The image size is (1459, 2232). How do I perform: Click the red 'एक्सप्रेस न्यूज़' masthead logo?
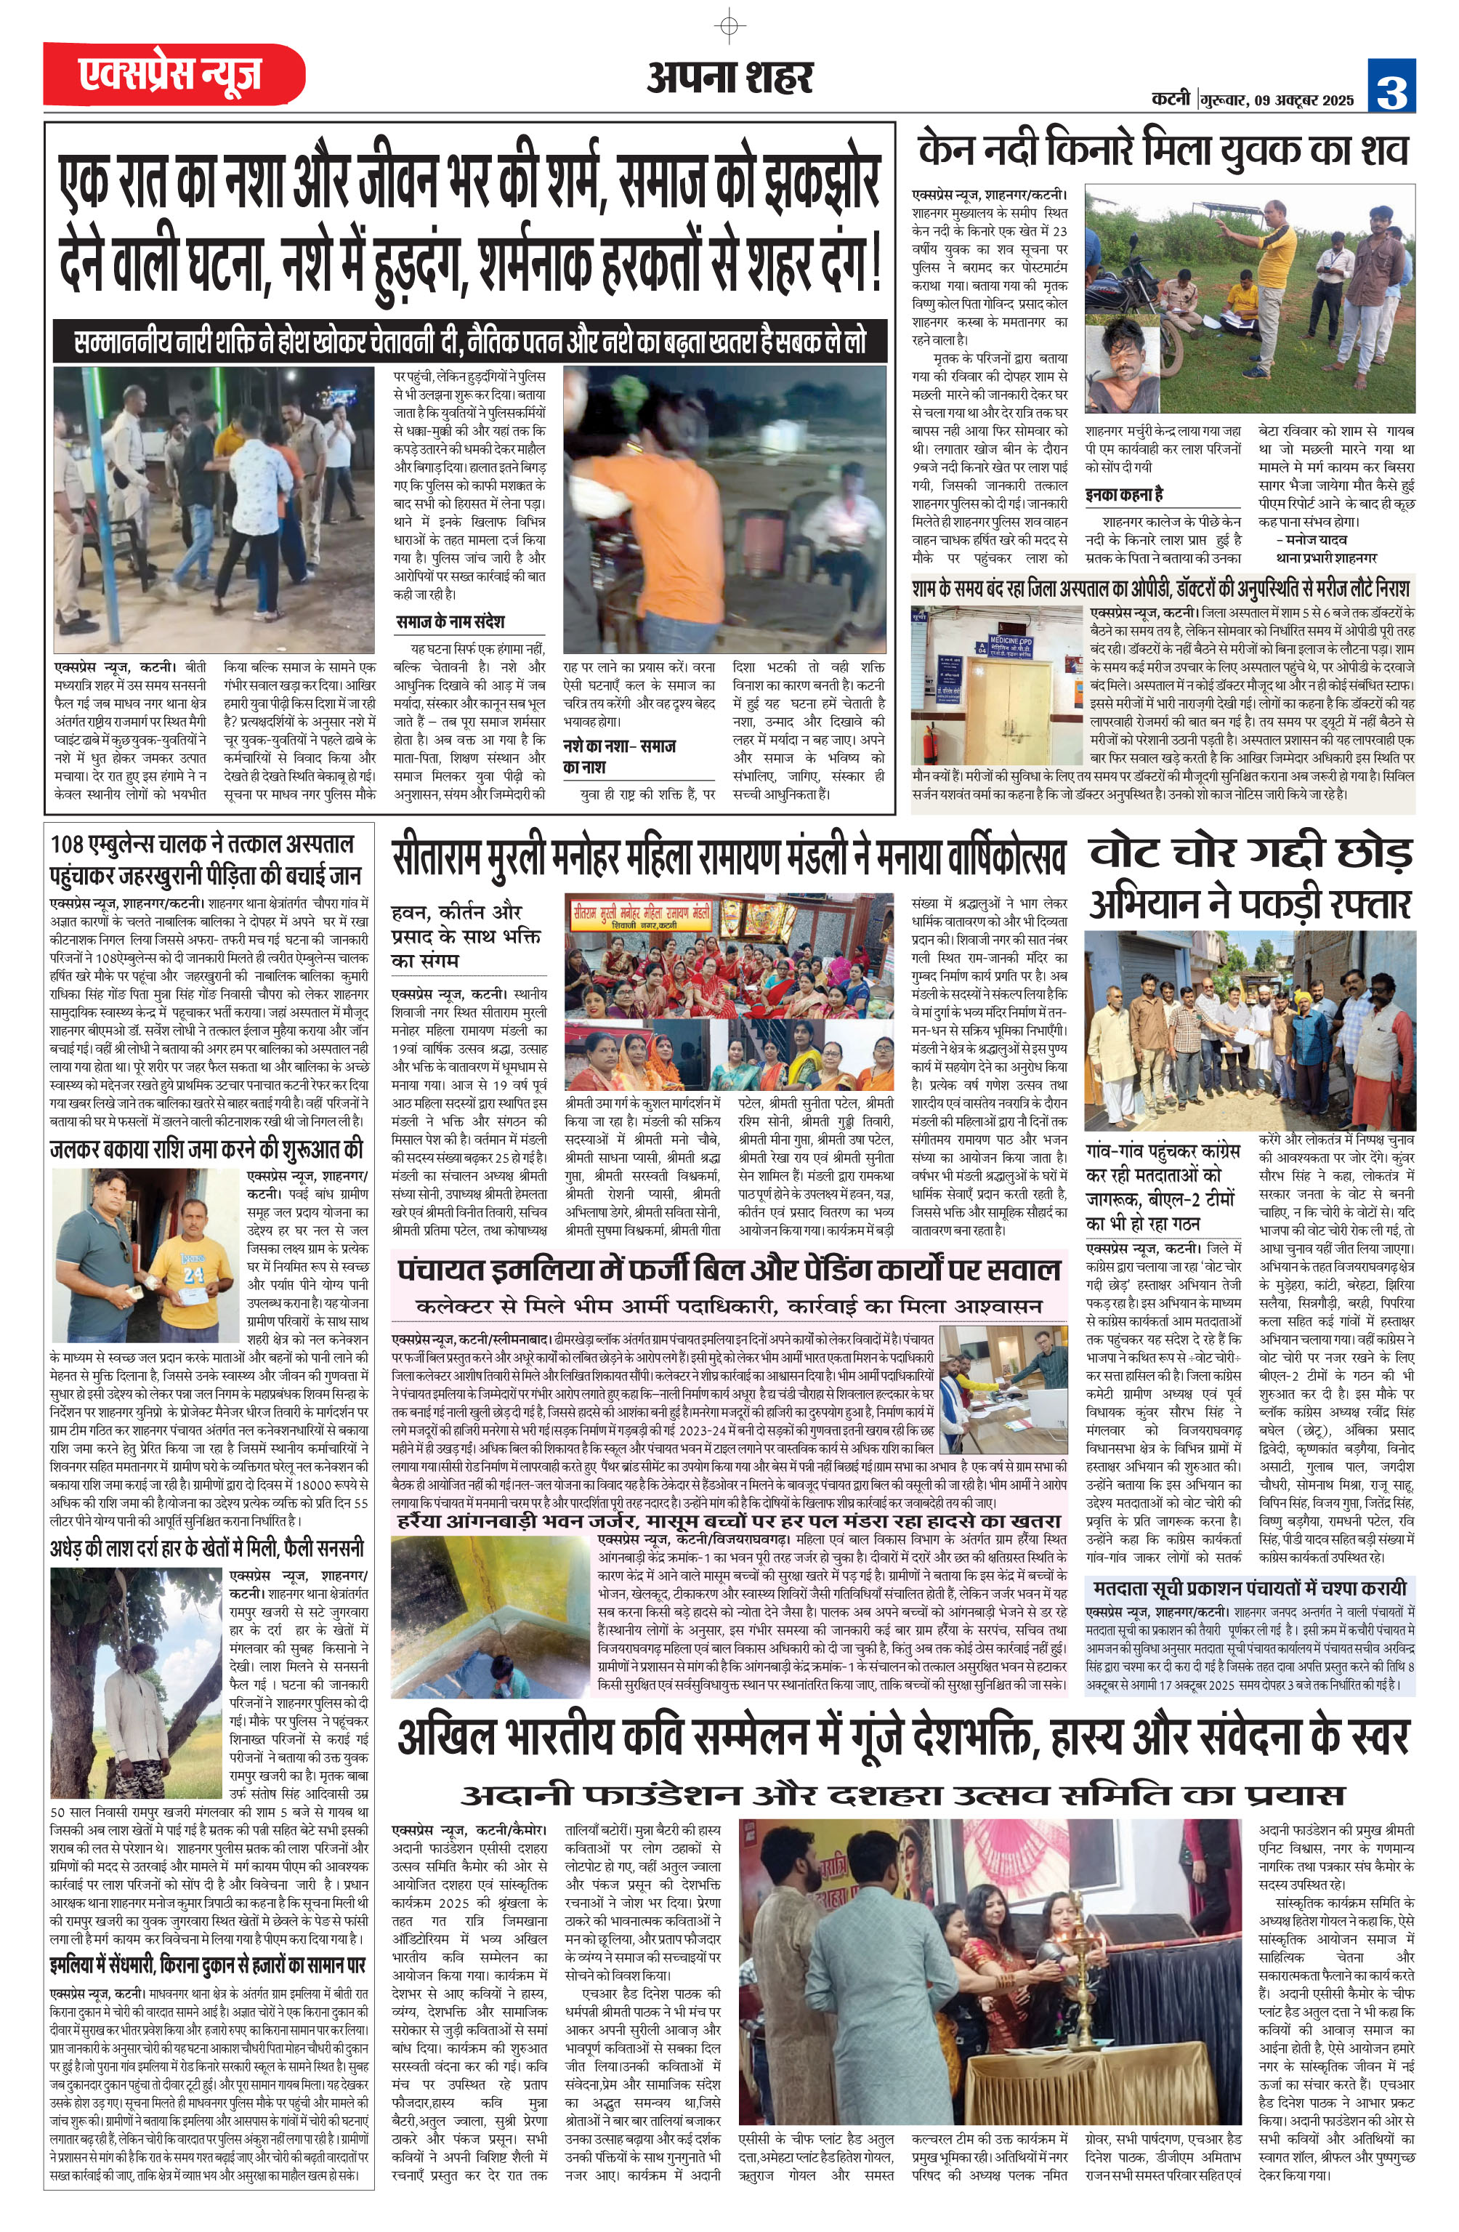tap(174, 74)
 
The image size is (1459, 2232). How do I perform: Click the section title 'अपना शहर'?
tap(729, 78)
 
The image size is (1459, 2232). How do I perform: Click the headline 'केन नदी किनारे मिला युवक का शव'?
tap(1163, 150)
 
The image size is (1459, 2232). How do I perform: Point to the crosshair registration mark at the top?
tap(730, 25)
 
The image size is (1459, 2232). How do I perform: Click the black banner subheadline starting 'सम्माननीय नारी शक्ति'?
tap(470, 342)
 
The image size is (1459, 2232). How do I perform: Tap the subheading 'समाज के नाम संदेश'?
tap(449, 621)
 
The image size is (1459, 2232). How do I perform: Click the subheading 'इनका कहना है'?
tap(1124, 495)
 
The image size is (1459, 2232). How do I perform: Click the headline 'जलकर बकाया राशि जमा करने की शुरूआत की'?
tap(206, 1150)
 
